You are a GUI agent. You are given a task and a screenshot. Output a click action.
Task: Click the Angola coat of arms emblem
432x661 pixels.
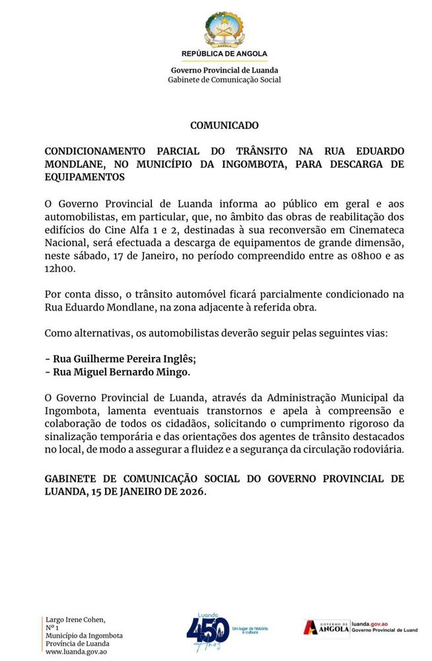coord(224,29)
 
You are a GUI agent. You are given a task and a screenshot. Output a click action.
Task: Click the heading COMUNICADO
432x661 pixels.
coord(224,125)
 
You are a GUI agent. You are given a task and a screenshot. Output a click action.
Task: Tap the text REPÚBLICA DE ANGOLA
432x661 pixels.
coord(225,54)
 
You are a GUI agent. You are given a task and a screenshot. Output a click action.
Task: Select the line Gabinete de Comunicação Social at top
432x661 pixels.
coord(225,80)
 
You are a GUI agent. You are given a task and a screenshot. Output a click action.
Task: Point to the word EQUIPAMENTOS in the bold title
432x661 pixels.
coord(85,177)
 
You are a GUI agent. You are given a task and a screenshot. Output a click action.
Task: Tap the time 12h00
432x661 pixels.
coord(61,268)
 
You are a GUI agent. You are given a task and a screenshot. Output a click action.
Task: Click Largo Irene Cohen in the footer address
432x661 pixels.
coord(75,620)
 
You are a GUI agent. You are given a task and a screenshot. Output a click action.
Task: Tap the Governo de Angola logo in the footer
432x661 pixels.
coord(326,627)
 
